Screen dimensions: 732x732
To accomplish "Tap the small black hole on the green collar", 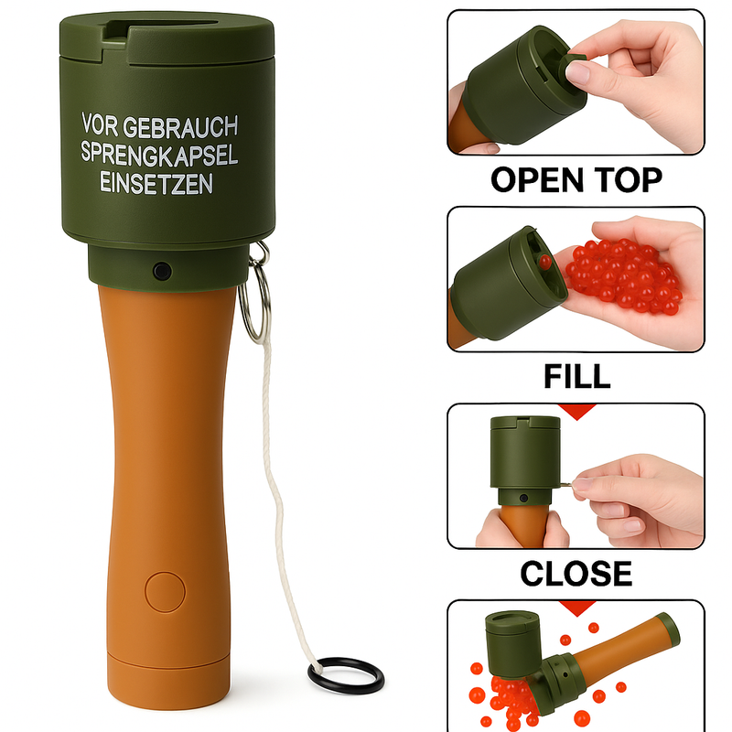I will coord(161,271).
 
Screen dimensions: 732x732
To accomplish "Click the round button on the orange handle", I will coord(165,590).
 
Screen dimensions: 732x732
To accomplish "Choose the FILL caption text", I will coord(576,376).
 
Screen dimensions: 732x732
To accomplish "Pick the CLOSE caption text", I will coord(576,574).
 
